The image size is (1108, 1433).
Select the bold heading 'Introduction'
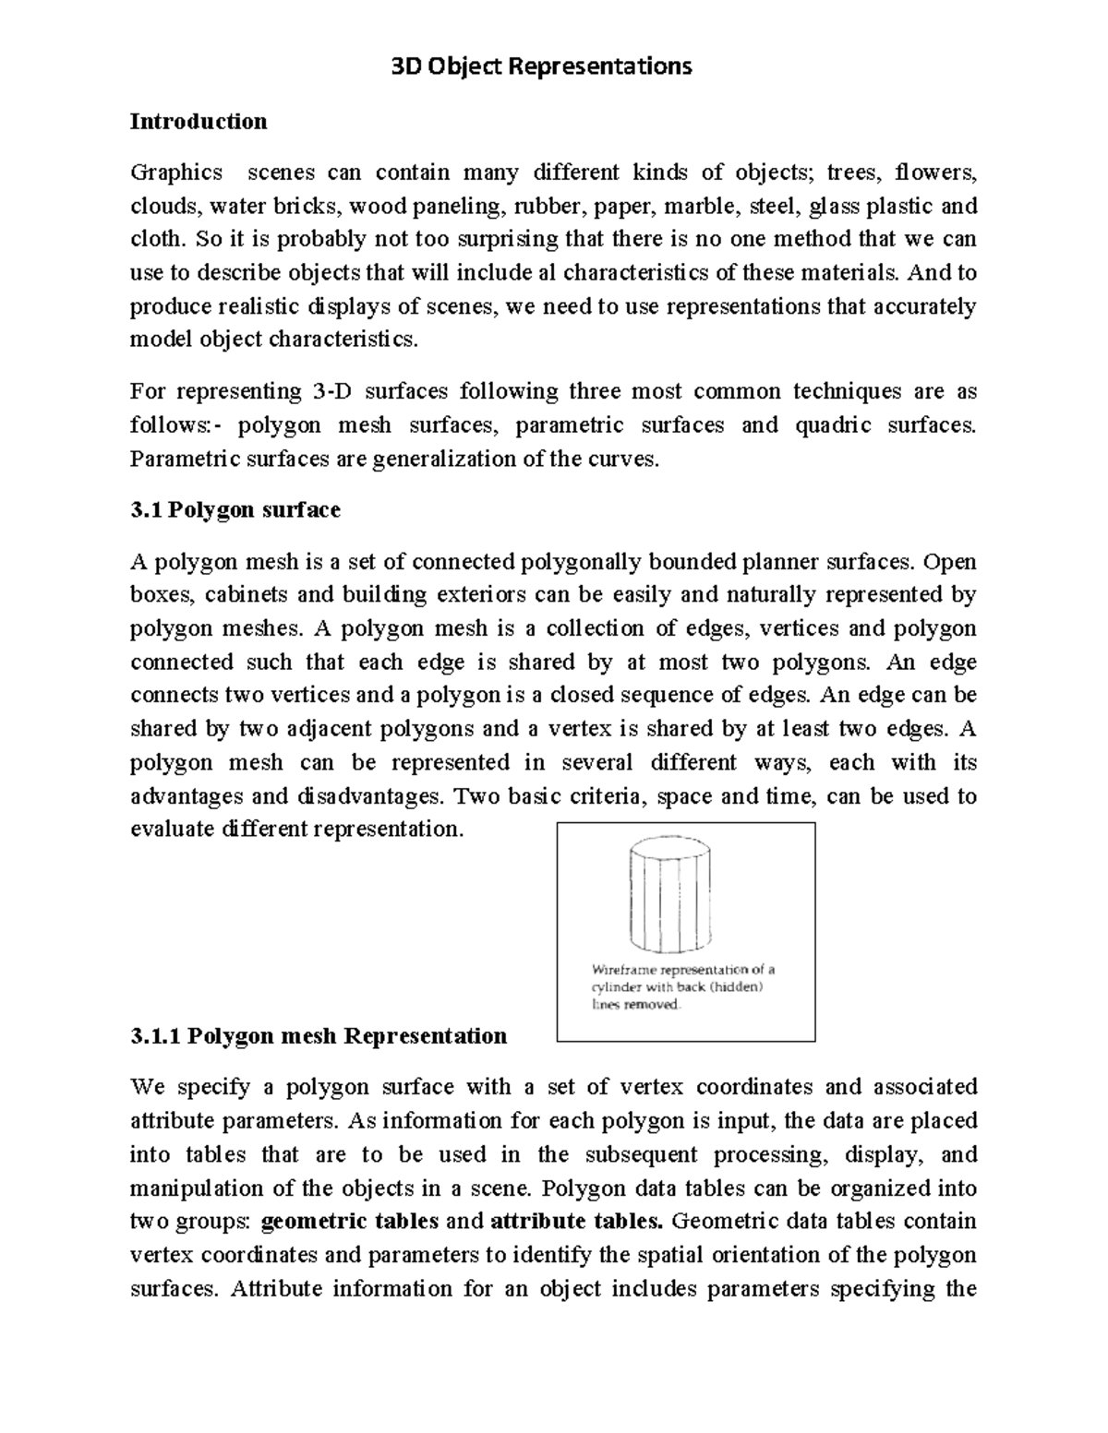point(199,121)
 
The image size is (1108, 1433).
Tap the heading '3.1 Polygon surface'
point(235,509)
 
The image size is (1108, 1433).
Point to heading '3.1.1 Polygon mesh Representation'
point(319,1035)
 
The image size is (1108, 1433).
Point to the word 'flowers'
point(938,173)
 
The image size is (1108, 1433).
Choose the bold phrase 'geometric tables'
point(350,1221)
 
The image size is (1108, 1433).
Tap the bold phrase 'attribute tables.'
point(576,1221)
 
